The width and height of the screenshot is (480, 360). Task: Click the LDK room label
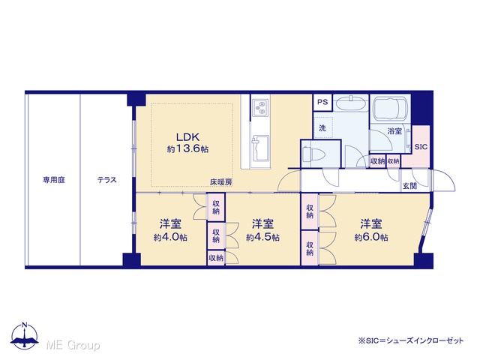point(188,136)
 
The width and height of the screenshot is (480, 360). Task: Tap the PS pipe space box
point(322,102)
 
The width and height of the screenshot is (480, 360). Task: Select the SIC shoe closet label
point(421,147)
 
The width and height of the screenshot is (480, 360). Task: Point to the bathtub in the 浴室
point(390,108)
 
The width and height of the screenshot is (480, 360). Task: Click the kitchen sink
point(260,148)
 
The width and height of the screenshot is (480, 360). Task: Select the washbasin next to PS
point(350,103)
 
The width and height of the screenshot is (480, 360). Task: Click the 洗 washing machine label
point(322,128)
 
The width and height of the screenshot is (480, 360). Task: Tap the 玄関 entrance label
point(409,186)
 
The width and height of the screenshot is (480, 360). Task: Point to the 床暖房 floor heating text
point(220,181)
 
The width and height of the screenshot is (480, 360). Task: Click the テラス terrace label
point(107,180)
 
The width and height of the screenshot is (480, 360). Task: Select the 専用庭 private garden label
point(54,180)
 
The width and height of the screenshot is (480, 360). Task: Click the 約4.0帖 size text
point(170,238)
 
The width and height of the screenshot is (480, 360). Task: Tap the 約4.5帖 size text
point(262,238)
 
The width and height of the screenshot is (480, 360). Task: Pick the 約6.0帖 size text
point(371,238)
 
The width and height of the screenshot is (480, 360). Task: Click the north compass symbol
point(25,336)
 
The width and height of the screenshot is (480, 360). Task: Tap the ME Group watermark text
point(73,345)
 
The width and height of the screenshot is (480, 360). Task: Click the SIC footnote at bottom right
point(411,340)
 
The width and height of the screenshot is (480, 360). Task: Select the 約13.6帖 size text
point(188,149)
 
